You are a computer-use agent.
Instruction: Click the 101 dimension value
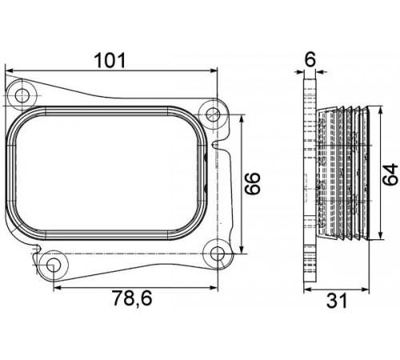[110, 60]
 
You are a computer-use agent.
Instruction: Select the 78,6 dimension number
[132, 298]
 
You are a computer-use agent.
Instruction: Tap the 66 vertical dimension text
[252, 183]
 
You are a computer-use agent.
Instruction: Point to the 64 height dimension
[390, 174]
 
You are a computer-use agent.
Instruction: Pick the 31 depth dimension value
[337, 301]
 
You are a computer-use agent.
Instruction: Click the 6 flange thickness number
[310, 59]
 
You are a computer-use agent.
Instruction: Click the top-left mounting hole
[22, 96]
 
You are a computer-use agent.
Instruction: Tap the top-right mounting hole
[213, 114]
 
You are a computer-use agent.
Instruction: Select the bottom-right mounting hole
[218, 254]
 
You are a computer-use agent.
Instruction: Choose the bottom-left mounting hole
[53, 265]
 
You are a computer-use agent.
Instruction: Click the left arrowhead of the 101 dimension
[10, 70]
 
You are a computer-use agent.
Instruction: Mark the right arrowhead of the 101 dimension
[214, 70]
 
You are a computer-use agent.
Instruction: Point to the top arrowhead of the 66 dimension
[242, 119]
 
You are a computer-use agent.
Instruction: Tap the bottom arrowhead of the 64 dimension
[381, 234]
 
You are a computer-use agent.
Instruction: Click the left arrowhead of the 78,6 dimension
[58, 287]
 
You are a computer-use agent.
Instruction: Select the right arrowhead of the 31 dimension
[366, 289]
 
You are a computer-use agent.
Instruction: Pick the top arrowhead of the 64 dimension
[381, 110]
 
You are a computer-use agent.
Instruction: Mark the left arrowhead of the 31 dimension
[308, 289]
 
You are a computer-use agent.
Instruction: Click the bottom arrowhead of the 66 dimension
[242, 250]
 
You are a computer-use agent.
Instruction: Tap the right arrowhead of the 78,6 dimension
[214, 287]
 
